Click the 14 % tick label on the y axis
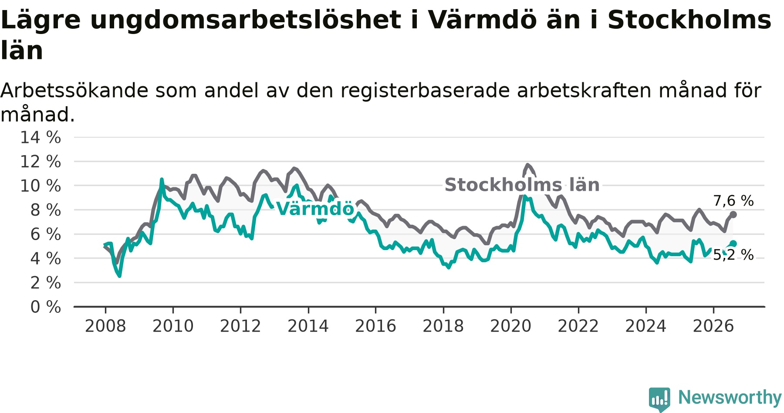[x=41, y=138]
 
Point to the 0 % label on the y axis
[x=46, y=307]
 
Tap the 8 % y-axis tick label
[x=46, y=210]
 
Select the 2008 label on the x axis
[x=105, y=326]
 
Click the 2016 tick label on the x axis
[x=375, y=326]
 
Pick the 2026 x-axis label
[x=713, y=326]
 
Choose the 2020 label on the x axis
[x=511, y=326]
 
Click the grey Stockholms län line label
[x=522, y=185]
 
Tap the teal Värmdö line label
[x=315, y=209]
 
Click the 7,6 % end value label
[x=733, y=201]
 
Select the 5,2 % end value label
[x=733, y=255]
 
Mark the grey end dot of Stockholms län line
[x=733, y=214]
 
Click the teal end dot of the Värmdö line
[x=733, y=244]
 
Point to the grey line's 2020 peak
[x=528, y=165]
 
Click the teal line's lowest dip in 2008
[x=119, y=275]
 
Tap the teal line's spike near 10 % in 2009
[x=162, y=179]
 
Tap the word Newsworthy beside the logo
[x=730, y=397]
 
